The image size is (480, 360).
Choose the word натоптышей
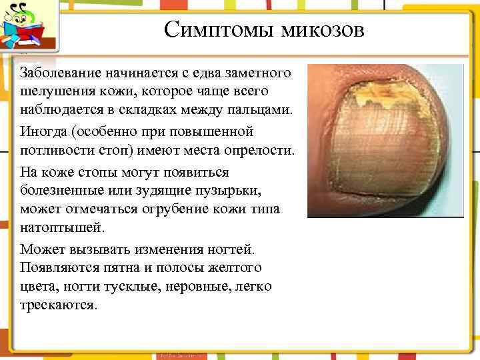pyautogui.click(x=62, y=227)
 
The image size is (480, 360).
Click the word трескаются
pyautogui.click(x=59, y=305)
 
